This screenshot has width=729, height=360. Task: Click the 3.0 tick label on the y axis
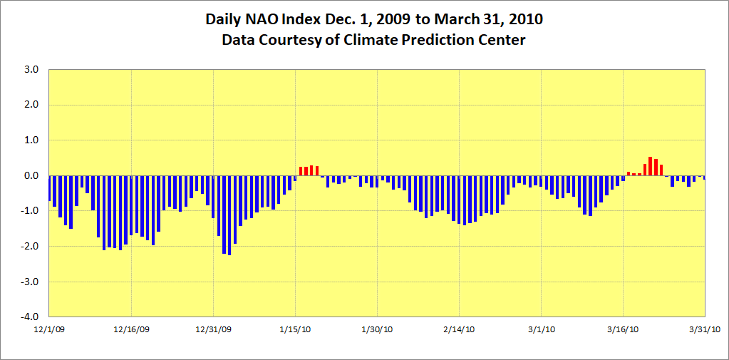pyautogui.click(x=30, y=70)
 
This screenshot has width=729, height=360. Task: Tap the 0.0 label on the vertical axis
pyautogui.click(x=30, y=176)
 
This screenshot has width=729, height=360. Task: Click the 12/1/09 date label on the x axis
pyautogui.click(x=49, y=329)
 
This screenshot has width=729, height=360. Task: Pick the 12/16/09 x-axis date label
pyautogui.click(x=131, y=329)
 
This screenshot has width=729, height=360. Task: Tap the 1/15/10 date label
pyautogui.click(x=296, y=329)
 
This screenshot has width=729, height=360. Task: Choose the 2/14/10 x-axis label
pyautogui.click(x=460, y=329)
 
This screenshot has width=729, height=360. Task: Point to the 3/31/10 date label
pyautogui.click(x=705, y=329)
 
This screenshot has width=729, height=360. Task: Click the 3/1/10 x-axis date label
pyautogui.click(x=542, y=329)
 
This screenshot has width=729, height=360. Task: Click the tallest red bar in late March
pyautogui.click(x=651, y=166)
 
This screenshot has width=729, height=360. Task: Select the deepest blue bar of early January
pyautogui.click(x=229, y=215)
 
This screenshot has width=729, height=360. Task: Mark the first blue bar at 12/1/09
pyautogui.click(x=49, y=188)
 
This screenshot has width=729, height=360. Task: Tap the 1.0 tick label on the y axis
pyautogui.click(x=30, y=140)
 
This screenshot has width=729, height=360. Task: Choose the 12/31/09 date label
pyautogui.click(x=214, y=329)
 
